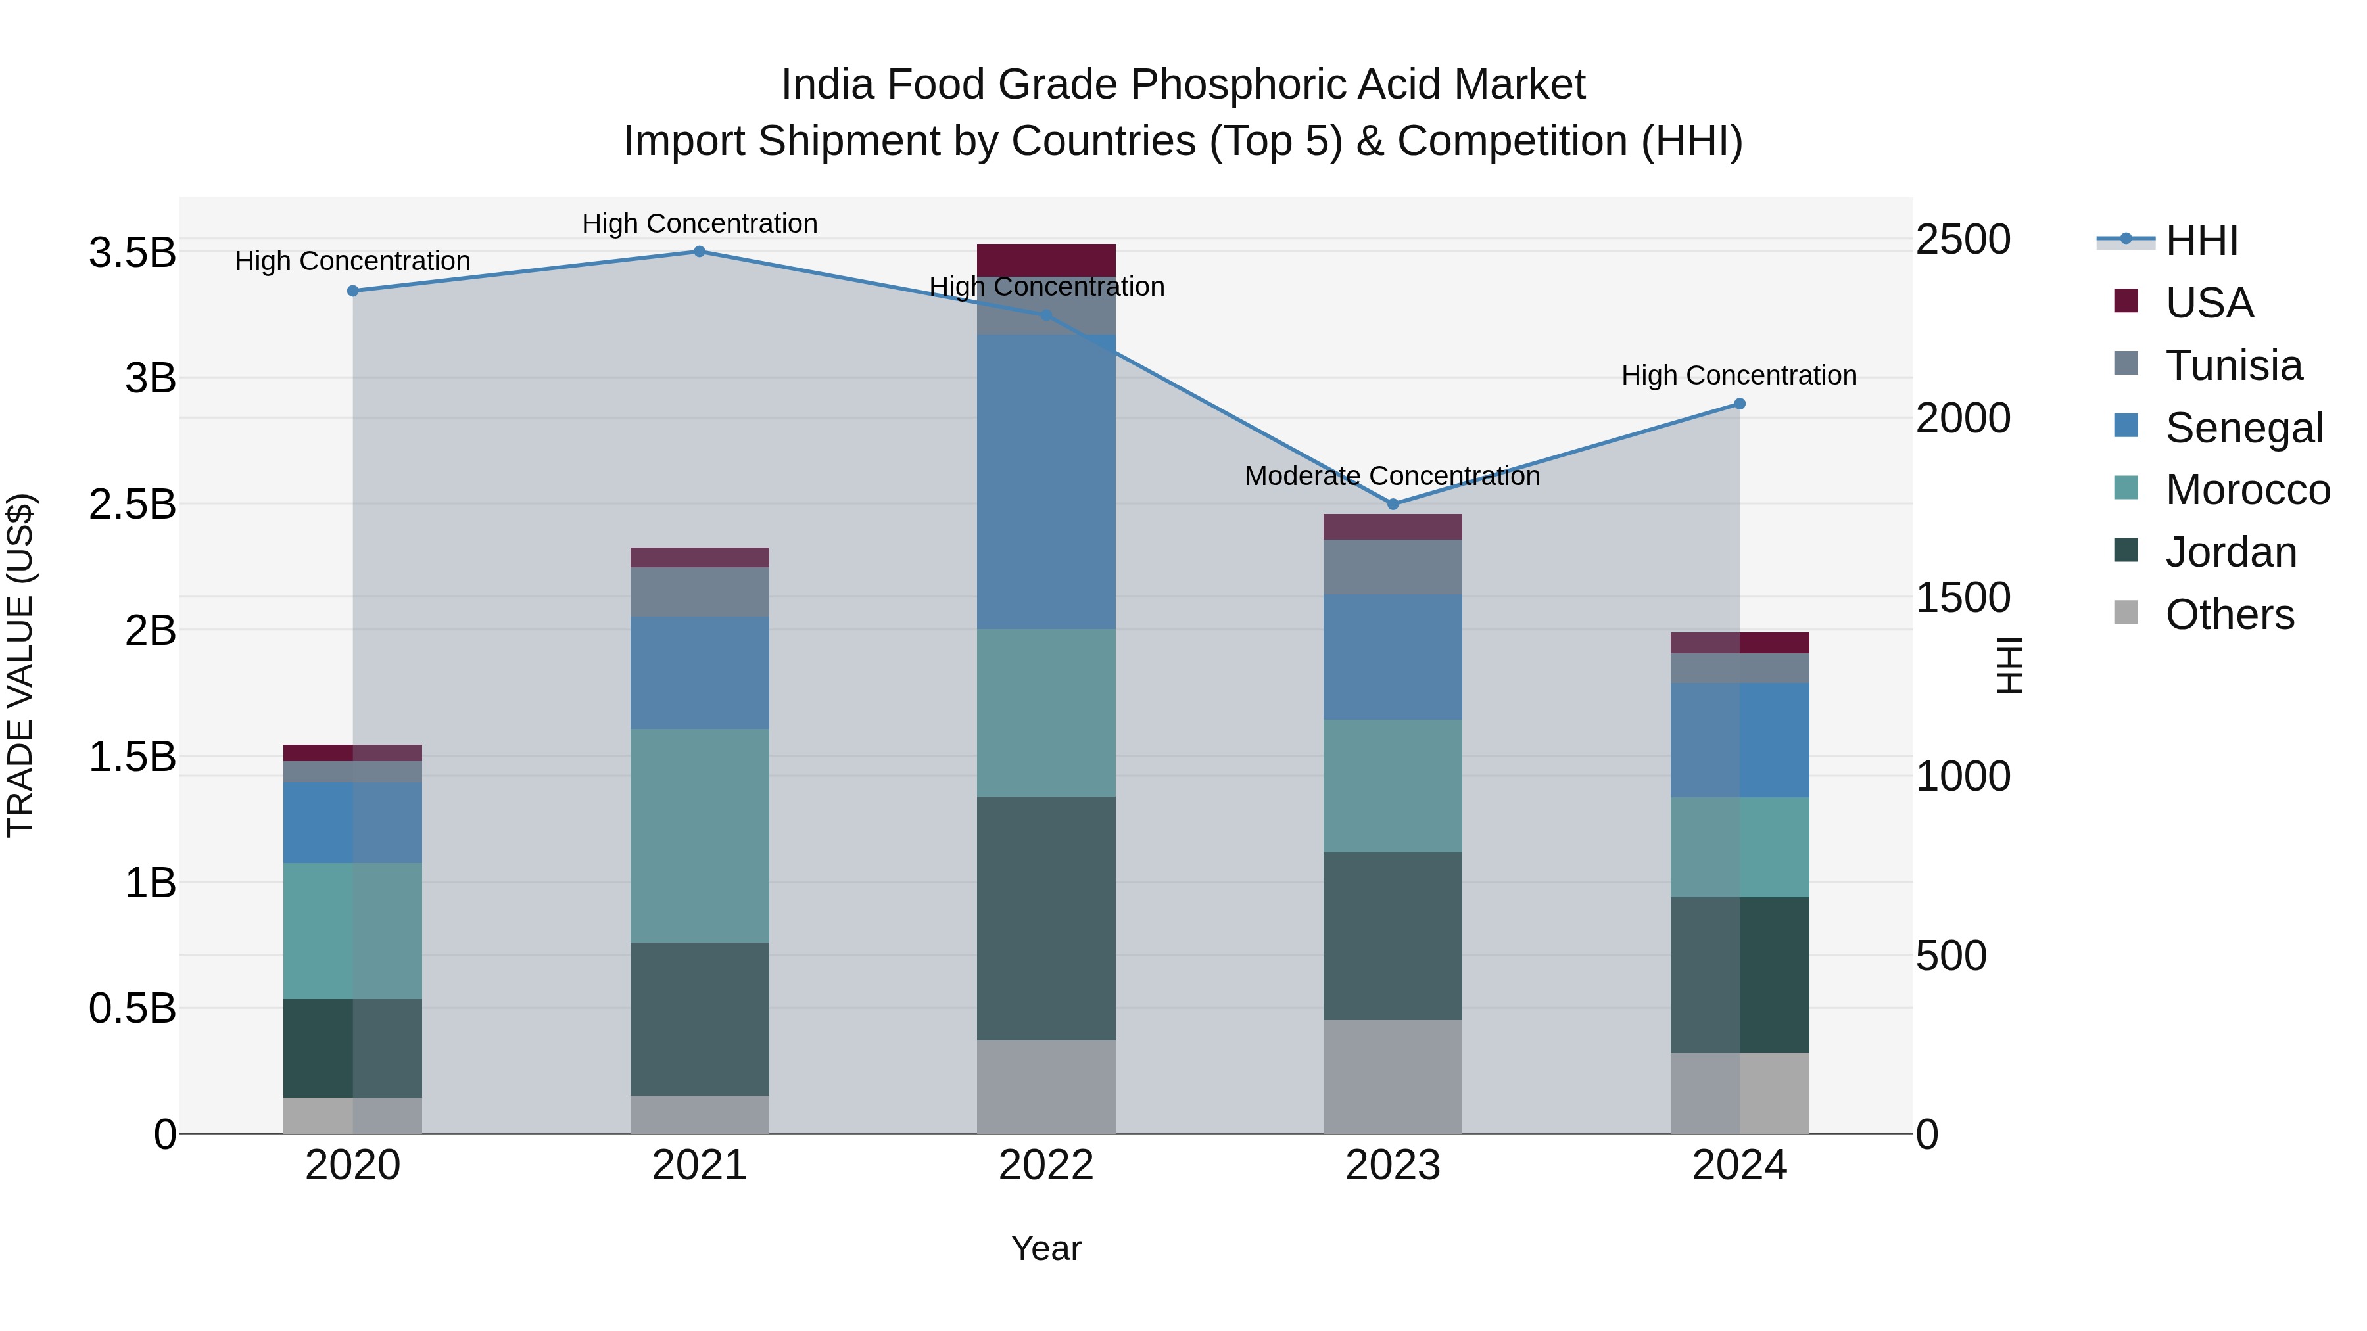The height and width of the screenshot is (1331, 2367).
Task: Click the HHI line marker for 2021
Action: coord(700,252)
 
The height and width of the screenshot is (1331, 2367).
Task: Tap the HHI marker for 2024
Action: coord(1738,404)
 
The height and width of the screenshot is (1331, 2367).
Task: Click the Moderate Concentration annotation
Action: coord(1391,476)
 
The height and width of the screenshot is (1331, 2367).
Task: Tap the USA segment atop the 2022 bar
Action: coord(1045,259)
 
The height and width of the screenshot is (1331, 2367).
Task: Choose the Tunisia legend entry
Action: coord(2233,365)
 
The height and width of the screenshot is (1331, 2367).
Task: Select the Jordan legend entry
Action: coord(2230,552)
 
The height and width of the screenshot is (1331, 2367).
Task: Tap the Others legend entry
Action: coord(2229,615)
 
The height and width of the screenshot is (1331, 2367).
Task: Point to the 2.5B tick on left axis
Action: coord(131,504)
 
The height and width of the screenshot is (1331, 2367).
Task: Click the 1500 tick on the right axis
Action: coord(1963,598)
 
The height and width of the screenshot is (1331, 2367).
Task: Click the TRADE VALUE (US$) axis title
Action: coord(21,665)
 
